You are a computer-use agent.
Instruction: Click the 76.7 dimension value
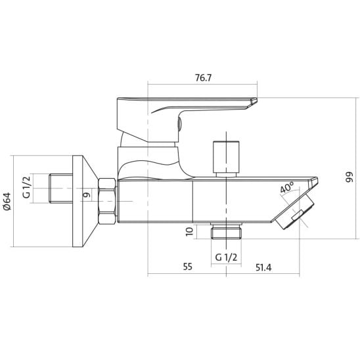[x=203, y=78]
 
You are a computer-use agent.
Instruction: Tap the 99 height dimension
[x=349, y=177]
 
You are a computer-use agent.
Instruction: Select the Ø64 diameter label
[x=7, y=201]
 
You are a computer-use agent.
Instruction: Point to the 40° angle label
[x=287, y=187]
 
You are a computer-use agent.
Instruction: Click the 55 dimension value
[x=188, y=267]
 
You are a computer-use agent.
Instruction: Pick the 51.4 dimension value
[x=263, y=267]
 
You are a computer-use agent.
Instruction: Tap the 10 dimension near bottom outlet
[x=189, y=232]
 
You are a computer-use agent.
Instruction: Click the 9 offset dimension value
[x=87, y=195]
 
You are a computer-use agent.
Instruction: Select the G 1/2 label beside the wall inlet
[x=26, y=187]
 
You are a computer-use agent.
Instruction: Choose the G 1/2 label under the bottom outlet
[x=226, y=258]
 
